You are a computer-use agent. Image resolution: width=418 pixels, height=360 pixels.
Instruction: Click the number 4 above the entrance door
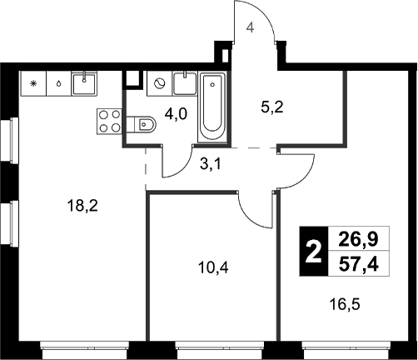[x=249, y=27]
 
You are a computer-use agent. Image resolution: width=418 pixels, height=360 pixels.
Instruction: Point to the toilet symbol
[x=142, y=124]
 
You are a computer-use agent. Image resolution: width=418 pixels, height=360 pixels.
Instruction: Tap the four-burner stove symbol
[x=108, y=122]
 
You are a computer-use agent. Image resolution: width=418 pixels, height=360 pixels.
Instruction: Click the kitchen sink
[x=85, y=83]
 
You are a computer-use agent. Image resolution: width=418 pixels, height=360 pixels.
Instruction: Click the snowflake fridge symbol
[x=34, y=83]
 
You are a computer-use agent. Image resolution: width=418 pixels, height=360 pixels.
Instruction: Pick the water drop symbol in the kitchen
[x=58, y=83]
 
